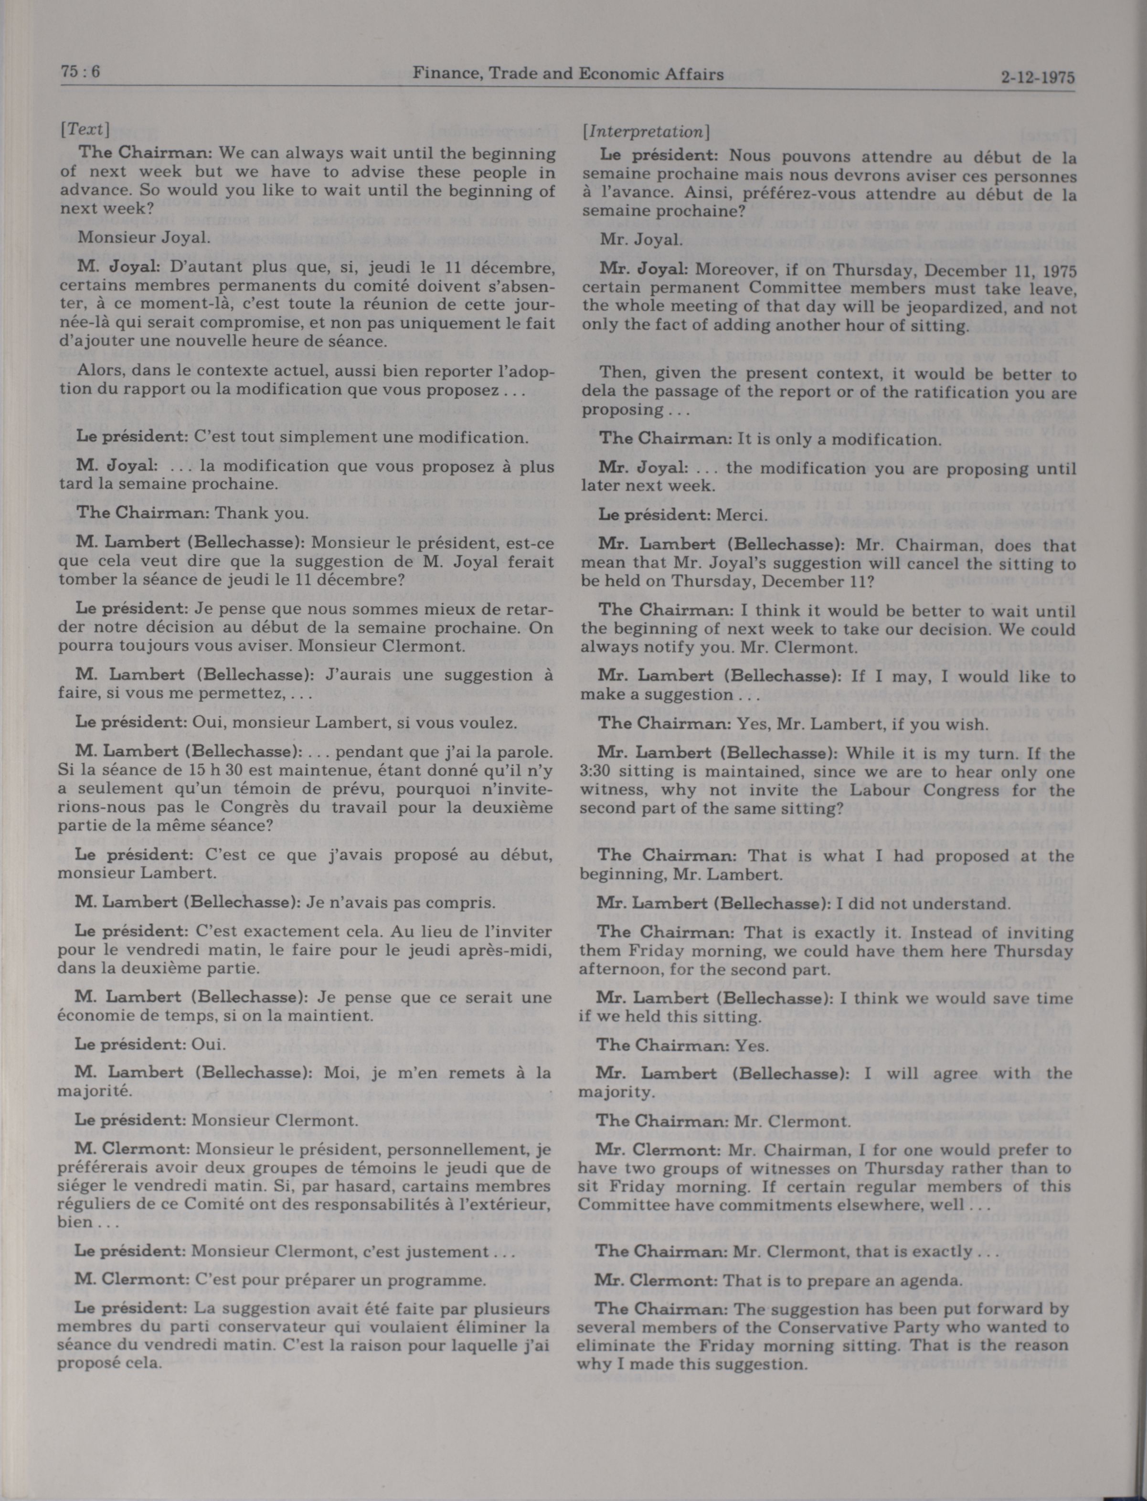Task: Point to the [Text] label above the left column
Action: (x=85, y=129)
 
